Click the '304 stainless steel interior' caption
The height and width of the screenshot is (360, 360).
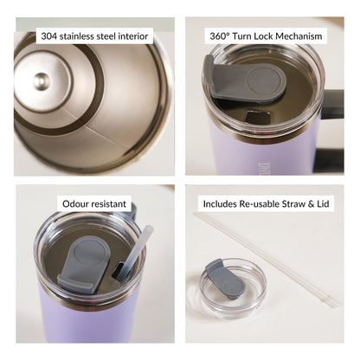tap(96, 36)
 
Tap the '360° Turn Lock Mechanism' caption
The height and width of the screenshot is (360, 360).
tap(267, 36)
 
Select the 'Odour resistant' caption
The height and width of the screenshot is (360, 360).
tap(94, 204)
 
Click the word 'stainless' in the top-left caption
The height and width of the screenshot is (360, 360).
tap(85, 36)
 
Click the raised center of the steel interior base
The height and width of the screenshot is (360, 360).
tap(42, 81)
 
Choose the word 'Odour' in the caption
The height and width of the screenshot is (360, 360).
tap(78, 204)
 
